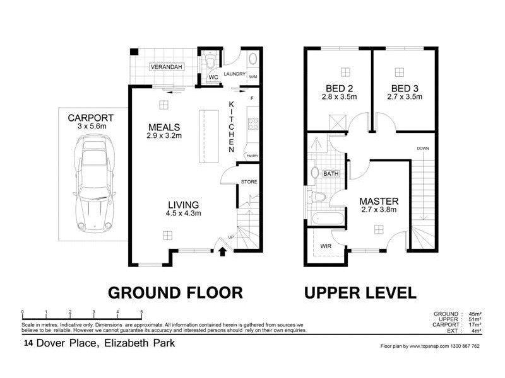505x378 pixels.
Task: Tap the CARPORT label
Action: tap(90, 117)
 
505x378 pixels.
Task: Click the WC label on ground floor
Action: tap(213, 77)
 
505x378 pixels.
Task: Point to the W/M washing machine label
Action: tap(252, 77)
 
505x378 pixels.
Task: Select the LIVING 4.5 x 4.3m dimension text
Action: tap(183, 214)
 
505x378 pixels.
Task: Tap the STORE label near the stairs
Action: tap(248, 182)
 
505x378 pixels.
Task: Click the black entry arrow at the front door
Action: tap(222, 253)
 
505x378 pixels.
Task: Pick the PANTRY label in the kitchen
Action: tap(252, 156)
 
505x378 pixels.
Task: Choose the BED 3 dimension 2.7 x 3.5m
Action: tap(404, 97)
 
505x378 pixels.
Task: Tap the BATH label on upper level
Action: tap(331, 173)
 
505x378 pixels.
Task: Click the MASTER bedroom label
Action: tap(379, 201)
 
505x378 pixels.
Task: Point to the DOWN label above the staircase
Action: tap(423, 149)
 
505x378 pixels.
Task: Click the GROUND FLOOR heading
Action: tap(175, 292)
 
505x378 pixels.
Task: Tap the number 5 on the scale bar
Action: tap(141, 311)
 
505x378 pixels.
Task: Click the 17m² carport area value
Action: tap(475, 324)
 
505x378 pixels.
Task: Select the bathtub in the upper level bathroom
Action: tap(326, 219)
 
